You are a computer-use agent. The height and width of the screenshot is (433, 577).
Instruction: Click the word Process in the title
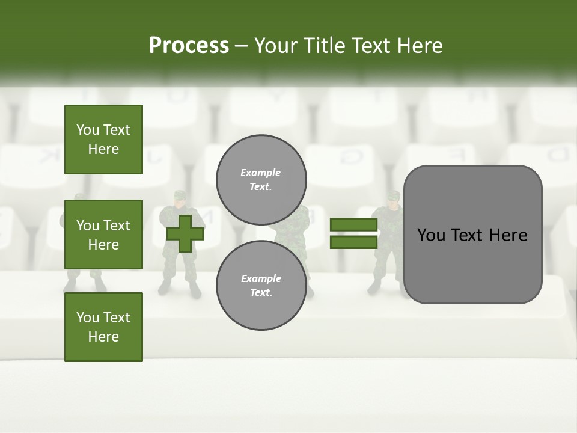coord(189,45)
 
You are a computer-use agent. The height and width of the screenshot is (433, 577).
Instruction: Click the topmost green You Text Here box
coord(103,140)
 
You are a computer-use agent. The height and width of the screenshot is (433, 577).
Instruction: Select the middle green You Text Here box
coord(103,235)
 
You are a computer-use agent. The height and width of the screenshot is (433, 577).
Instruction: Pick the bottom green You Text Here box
coord(103,327)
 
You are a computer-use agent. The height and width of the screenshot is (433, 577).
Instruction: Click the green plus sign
coord(185,233)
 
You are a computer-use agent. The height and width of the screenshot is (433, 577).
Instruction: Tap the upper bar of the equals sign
coord(353,225)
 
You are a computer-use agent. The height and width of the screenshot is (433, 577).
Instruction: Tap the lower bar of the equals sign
coord(353,242)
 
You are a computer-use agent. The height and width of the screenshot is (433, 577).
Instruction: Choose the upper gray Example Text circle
coord(261,180)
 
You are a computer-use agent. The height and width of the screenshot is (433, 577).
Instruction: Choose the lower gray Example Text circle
coord(261,285)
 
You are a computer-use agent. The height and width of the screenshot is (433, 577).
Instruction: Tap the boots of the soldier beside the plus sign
coord(179,290)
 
